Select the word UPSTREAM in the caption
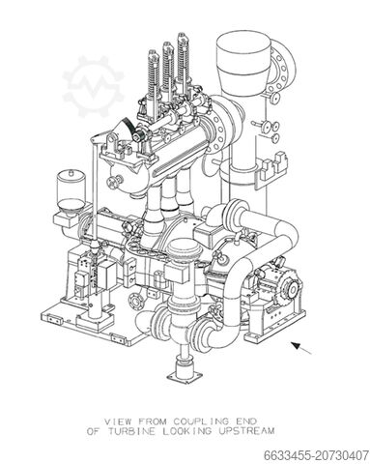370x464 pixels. (x=247, y=431)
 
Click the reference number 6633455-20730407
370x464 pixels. (x=316, y=455)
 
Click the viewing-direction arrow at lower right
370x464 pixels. (x=301, y=348)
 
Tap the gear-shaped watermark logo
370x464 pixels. (x=93, y=86)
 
